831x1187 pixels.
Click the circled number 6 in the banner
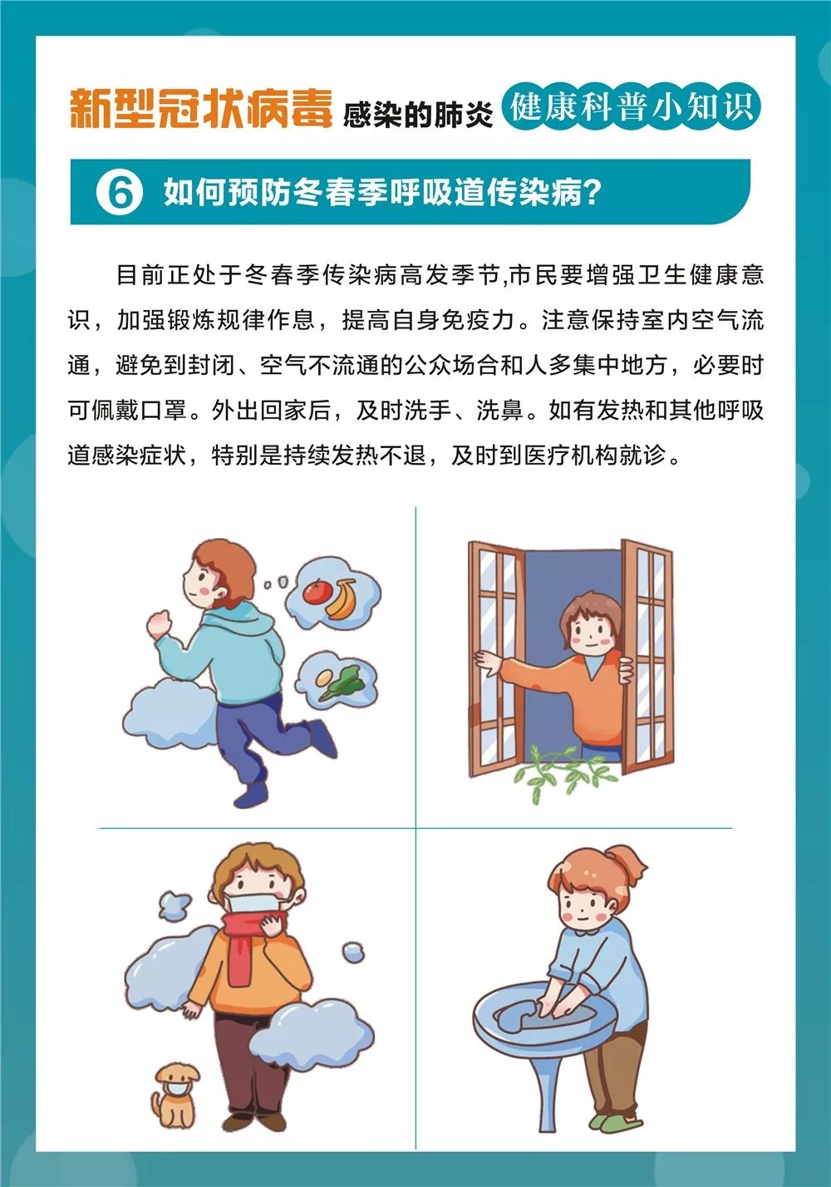tap(120, 193)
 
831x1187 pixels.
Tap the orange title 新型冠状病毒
tap(201, 109)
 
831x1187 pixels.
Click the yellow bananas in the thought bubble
tap(342, 598)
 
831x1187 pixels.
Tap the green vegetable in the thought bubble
tap(343, 682)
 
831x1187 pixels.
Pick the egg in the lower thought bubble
tap(325, 677)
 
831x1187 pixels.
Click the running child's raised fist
tap(160, 623)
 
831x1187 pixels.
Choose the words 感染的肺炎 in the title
tap(417, 114)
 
